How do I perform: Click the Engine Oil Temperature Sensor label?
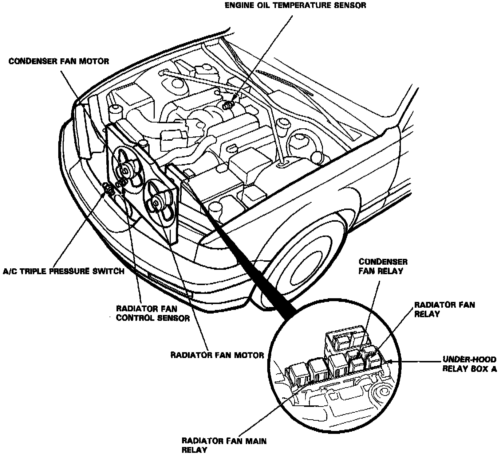[295, 6]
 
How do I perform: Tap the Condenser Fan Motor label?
[59, 61]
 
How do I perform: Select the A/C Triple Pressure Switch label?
[64, 271]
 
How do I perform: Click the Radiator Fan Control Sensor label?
[153, 313]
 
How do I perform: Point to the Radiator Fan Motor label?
[217, 355]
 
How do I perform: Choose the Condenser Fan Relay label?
[383, 266]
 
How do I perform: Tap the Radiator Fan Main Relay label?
[224, 445]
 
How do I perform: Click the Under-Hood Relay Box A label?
[469, 364]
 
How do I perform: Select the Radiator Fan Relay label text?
[445, 309]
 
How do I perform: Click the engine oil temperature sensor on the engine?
[228, 105]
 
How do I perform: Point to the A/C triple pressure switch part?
[108, 188]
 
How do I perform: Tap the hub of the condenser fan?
[126, 170]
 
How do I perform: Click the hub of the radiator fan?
[157, 202]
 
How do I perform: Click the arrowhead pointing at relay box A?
[390, 361]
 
